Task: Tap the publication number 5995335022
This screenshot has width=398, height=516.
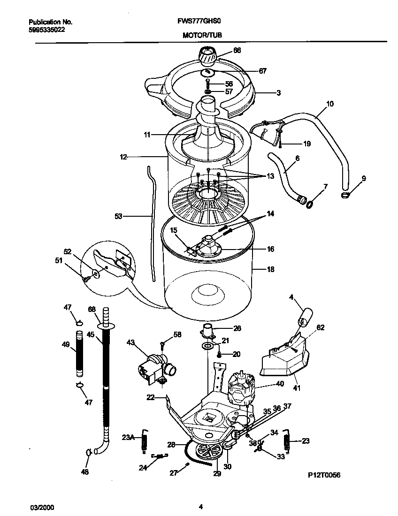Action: (47, 29)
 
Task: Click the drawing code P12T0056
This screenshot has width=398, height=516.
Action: (324, 475)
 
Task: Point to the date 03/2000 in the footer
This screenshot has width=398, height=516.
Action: (39, 507)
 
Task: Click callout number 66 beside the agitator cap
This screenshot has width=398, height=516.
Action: (237, 50)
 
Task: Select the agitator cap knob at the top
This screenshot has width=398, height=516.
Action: (207, 56)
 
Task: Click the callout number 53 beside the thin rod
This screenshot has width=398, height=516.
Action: (118, 216)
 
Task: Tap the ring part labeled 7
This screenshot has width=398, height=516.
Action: (310, 204)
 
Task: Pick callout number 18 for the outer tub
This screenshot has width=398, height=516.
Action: (270, 270)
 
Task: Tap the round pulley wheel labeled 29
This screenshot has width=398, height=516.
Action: (209, 453)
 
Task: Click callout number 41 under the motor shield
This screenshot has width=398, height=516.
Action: (297, 388)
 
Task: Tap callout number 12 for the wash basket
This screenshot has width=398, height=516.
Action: (123, 158)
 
